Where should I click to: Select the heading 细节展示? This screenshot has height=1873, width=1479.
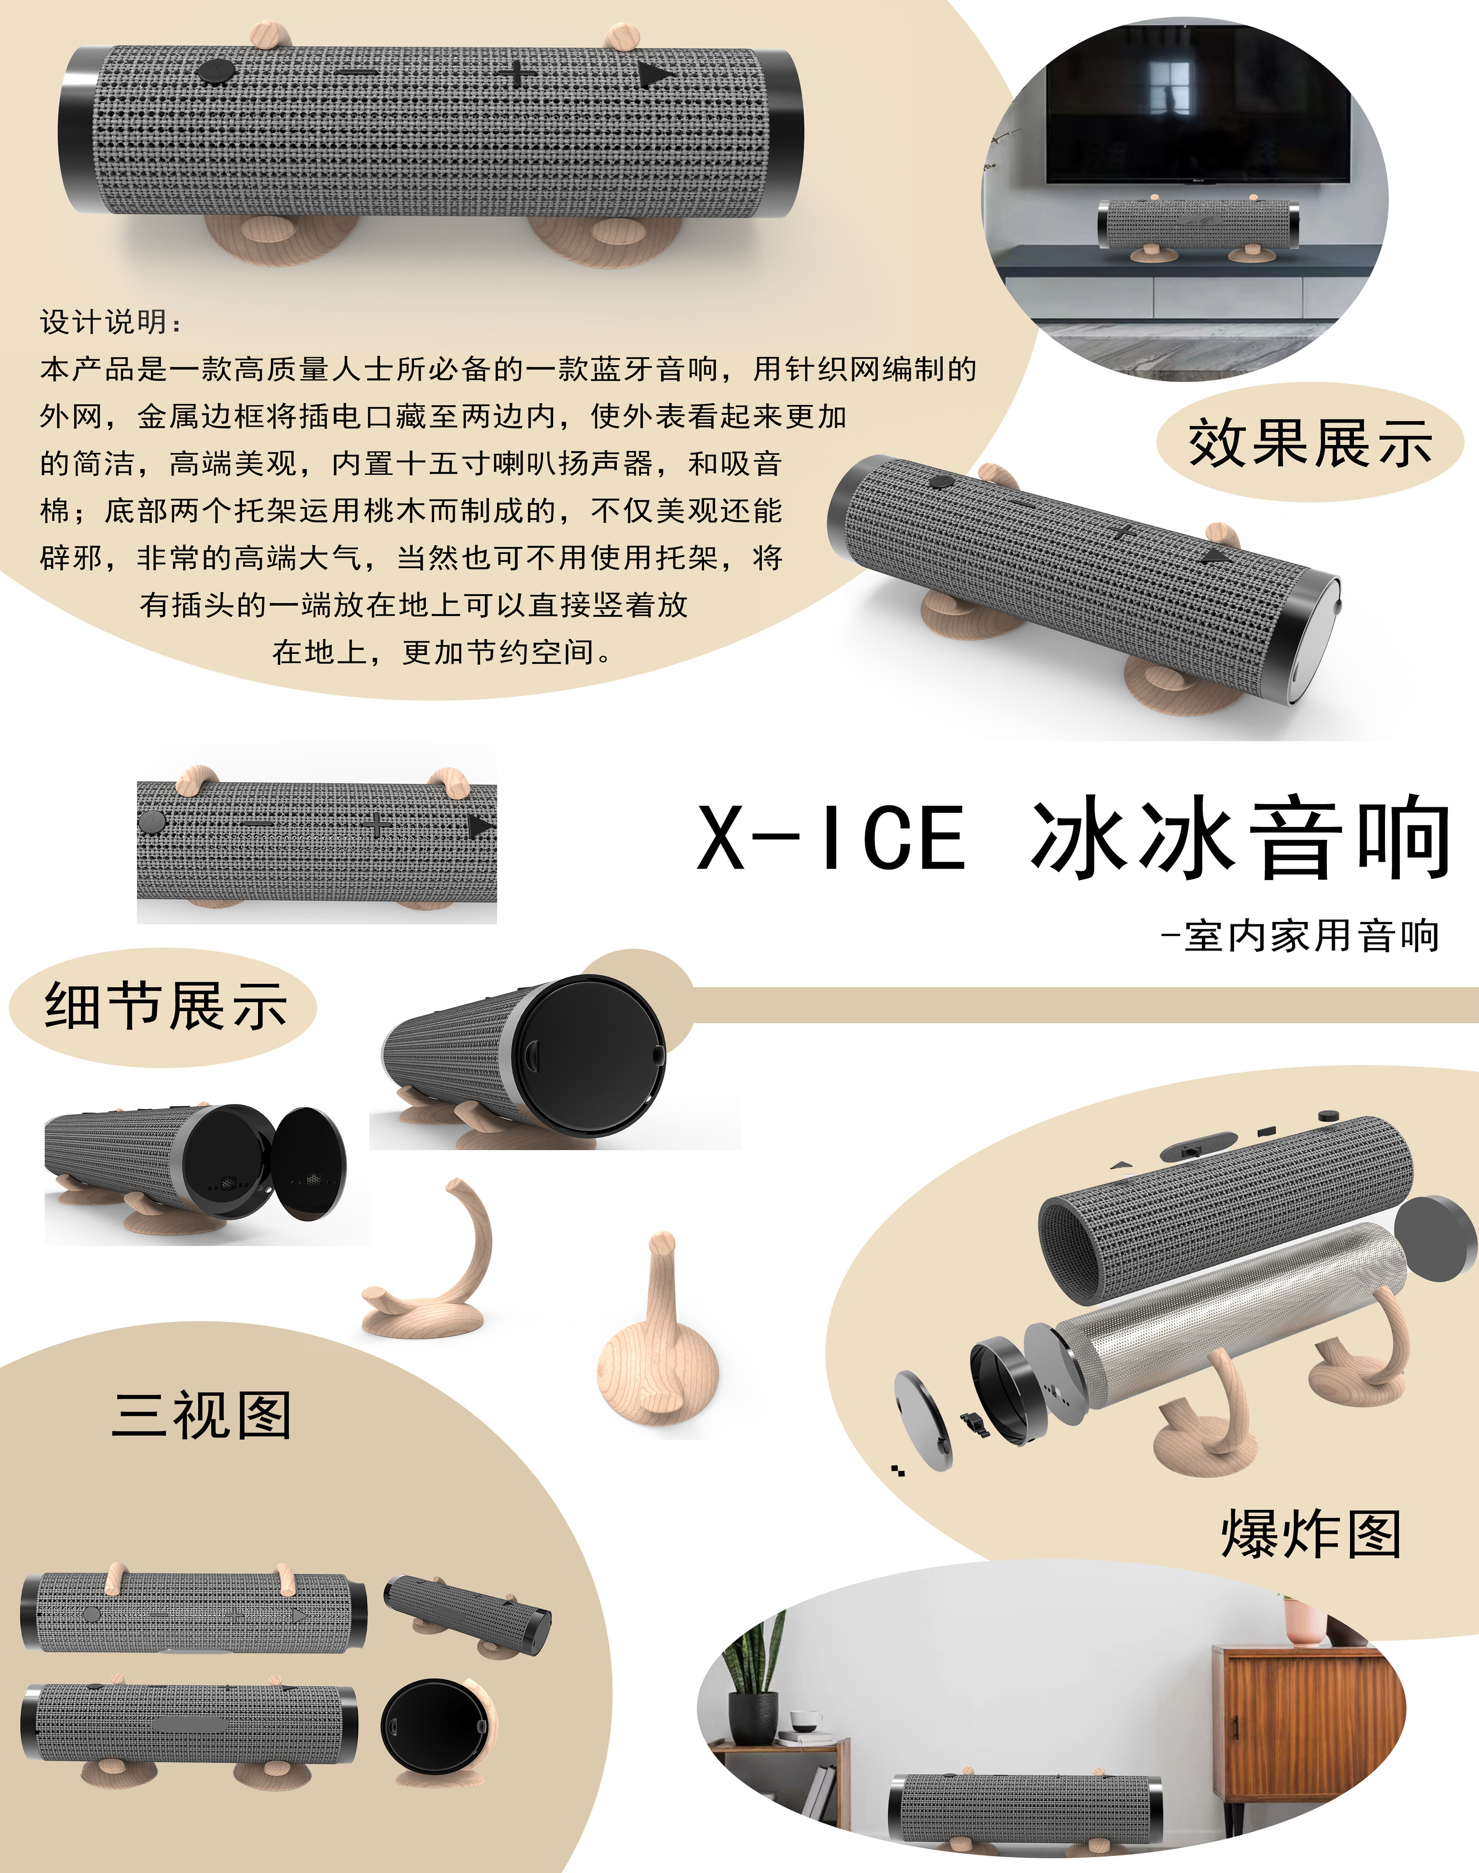[x=165, y=1006]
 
